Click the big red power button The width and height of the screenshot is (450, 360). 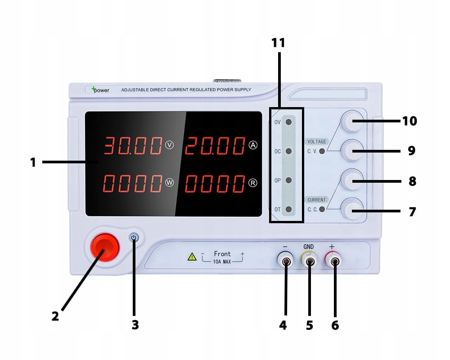pos(105,247)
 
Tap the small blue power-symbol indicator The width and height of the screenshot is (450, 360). pos(134,238)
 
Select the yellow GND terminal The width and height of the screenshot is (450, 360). pos(309,260)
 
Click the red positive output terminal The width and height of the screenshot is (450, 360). pos(333,260)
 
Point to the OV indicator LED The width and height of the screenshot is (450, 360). pos(288,122)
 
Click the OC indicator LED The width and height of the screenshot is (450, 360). pos(288,151)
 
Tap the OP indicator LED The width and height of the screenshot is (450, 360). pos(288,180)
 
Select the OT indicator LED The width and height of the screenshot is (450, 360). pos(288,209)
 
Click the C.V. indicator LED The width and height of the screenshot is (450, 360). pos(322,151)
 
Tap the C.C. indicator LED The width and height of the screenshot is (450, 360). pos(322,209)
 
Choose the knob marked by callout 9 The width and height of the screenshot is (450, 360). pos(352,150)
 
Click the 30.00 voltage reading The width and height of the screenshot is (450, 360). pos(133,145)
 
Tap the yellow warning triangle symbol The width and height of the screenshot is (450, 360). pos(192,257)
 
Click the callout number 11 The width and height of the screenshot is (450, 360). pos(278,43)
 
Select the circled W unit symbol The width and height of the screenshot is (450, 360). pos(170,183)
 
